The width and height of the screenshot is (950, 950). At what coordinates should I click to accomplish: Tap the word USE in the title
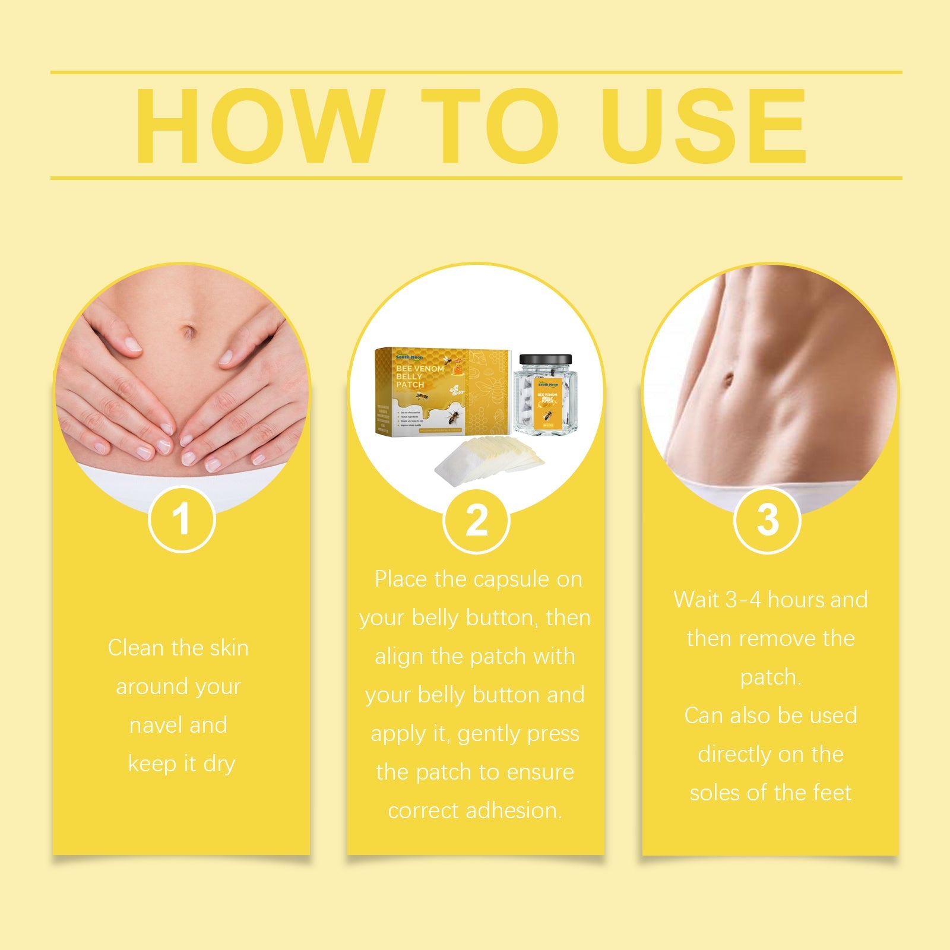(x=704, y=126)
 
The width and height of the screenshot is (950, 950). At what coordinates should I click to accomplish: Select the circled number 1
(x=181, y=520)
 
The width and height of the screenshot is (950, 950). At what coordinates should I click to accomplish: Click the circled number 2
(x=476, y=521)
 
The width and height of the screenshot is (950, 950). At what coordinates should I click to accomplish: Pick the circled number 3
(x=767, y=520)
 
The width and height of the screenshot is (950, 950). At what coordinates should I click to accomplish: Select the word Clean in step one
(x=136, y=648)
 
